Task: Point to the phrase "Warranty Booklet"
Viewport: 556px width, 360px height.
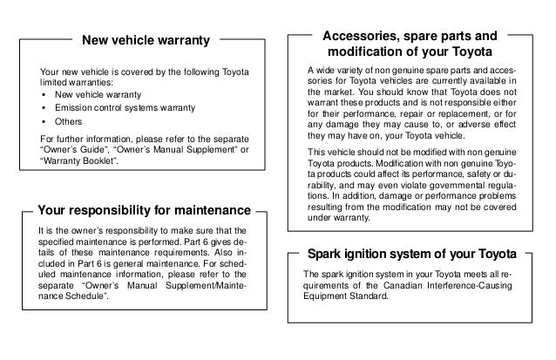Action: [78, 162]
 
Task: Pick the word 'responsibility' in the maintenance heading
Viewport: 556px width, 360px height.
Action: [122, 210]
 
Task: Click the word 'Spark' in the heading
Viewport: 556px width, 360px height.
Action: [325, 254]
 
